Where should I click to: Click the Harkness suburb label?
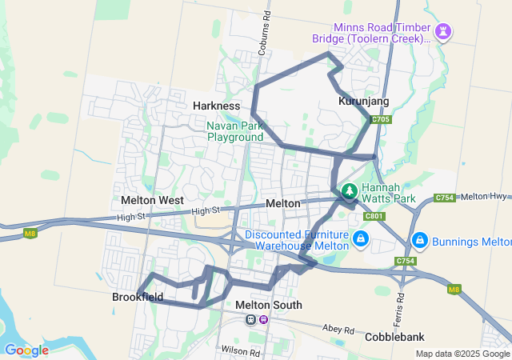[x=216, y=106]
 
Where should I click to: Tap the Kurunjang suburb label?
[x=363, y=102]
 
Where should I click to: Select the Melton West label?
[x=152, y=200]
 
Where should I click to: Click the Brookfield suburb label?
[x=138, y=296]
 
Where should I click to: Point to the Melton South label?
[x=269, y=305]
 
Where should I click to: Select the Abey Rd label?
[x=340, y=329]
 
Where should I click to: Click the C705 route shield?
[x=381, y=120]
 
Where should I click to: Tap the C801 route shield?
[x=374, y=216]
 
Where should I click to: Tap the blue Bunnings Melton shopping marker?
[x=418, y=240]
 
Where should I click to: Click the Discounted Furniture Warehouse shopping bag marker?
[x=361, y=239]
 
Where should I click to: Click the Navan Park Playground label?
[x=235, y=131]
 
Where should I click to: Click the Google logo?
[x=26, y=350]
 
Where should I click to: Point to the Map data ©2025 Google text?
[x=462, y=354]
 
